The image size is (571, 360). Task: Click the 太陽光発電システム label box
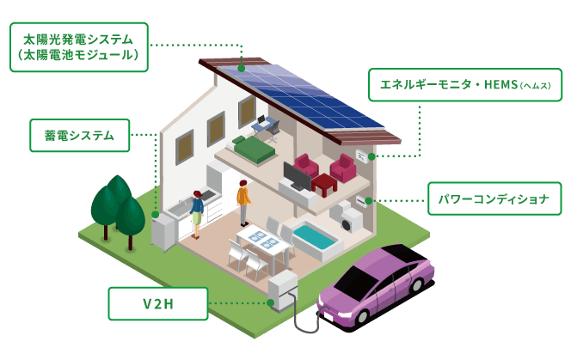78,46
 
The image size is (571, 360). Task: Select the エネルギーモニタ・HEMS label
465,85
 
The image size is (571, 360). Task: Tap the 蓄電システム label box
80,135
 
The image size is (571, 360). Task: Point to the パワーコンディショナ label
494,198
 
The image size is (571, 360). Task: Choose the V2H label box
157,302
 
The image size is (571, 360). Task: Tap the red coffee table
323,182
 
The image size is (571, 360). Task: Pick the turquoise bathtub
316,234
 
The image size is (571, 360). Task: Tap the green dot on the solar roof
242,67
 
